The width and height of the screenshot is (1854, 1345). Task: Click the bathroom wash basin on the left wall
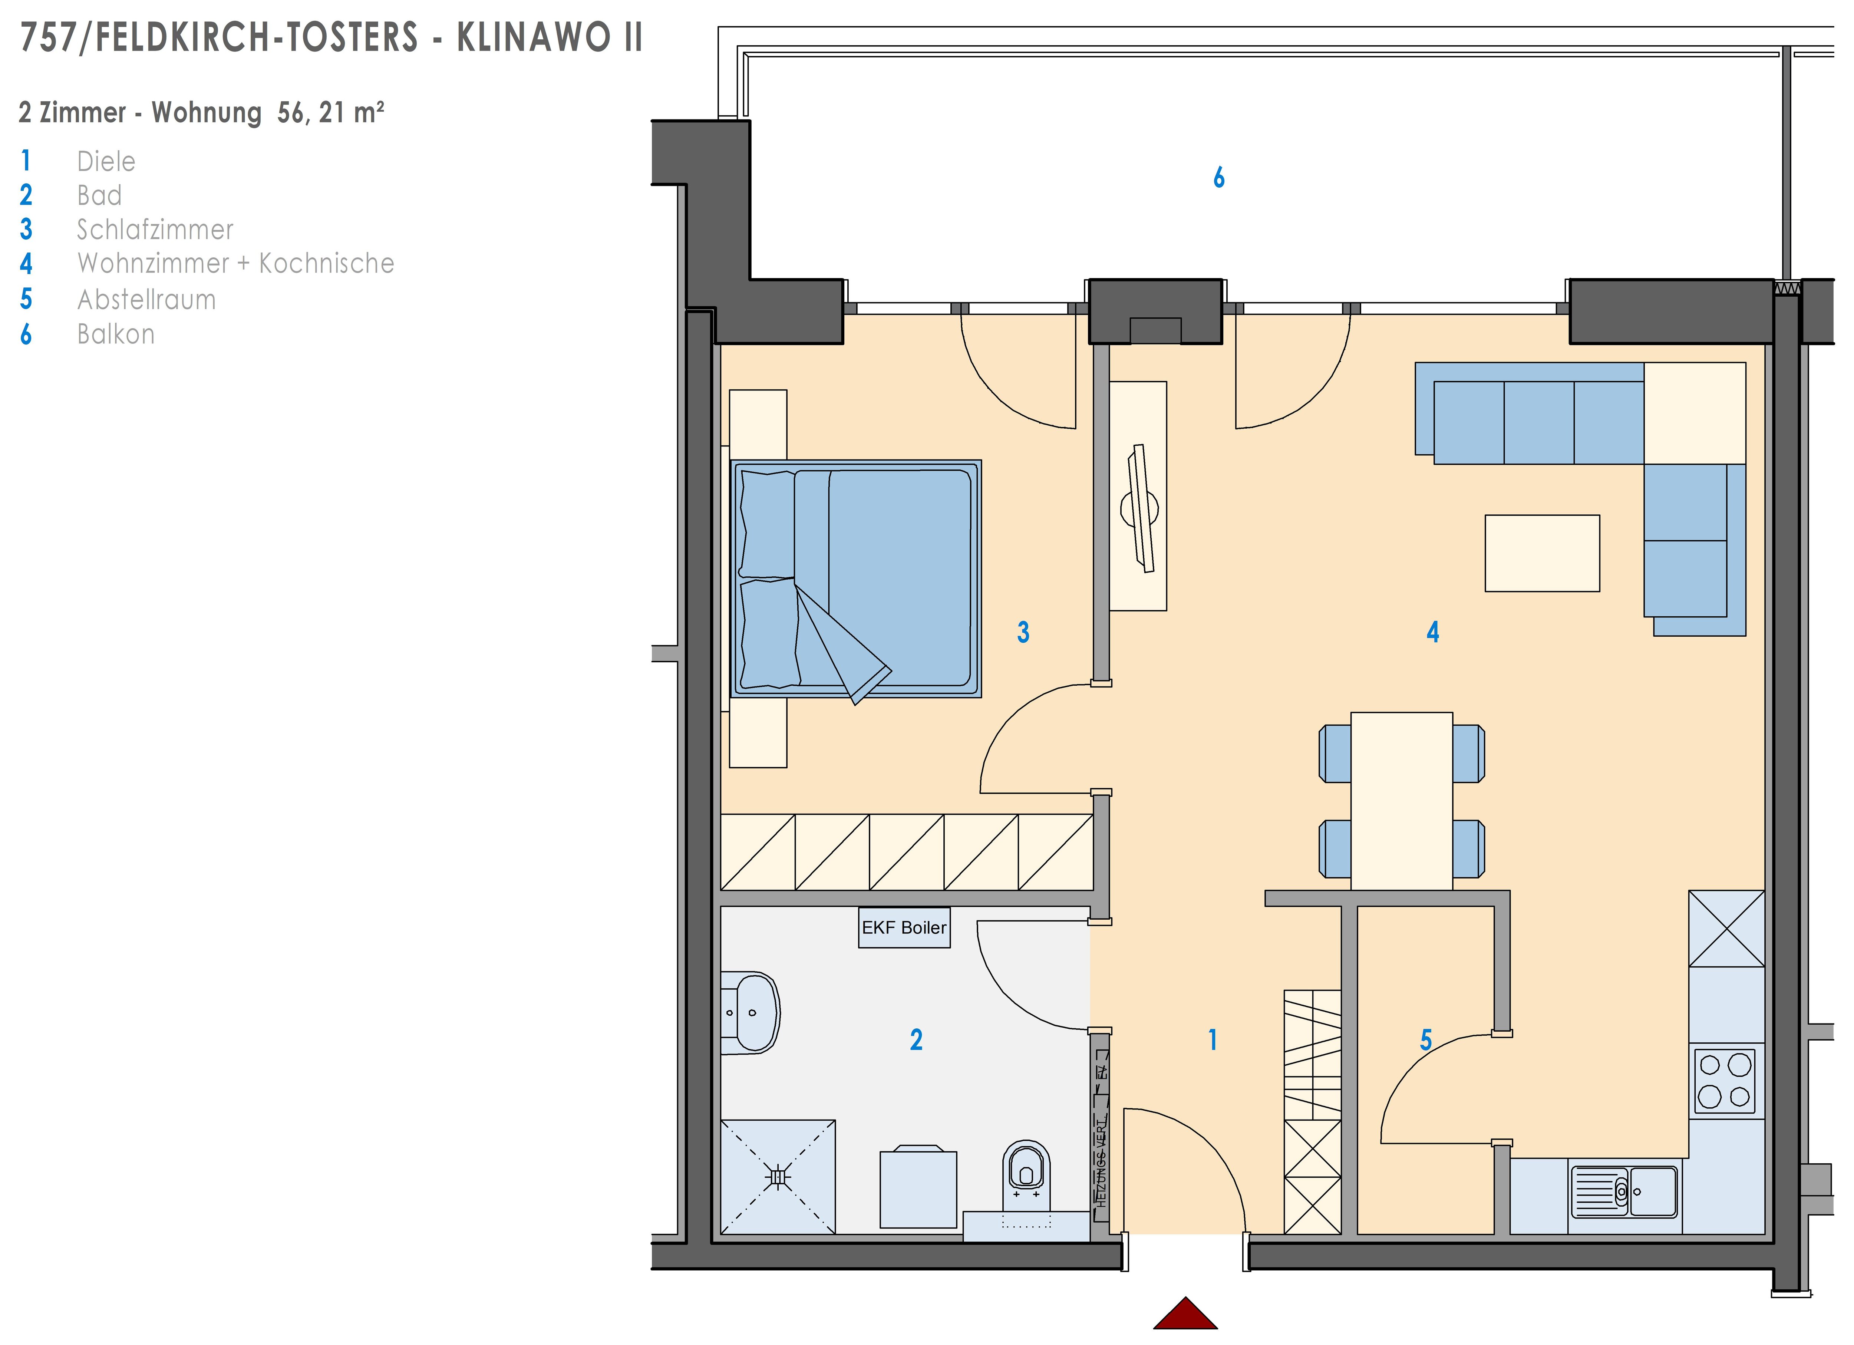750,1012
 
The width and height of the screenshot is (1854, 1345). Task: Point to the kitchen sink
1623,1191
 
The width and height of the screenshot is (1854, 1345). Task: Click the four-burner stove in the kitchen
1725,1080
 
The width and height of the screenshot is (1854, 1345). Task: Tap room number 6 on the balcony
1219,177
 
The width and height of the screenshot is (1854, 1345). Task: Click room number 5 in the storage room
1426,1040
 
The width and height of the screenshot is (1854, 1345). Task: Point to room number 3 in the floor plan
1023,632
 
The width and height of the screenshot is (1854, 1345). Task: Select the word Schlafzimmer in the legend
155,230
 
